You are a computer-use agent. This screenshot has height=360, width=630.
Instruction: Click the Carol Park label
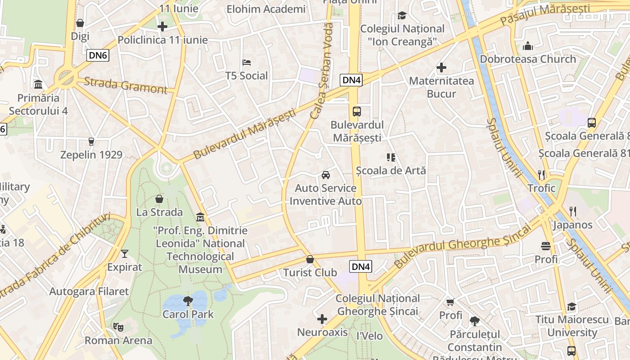[188, 314]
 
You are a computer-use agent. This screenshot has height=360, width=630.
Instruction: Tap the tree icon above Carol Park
[188, 301]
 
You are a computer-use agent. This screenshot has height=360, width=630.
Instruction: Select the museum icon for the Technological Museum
[200, 217]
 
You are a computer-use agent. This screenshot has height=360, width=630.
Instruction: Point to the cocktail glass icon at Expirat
[125, 254]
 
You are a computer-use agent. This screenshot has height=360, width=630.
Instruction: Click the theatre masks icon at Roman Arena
[118, 327]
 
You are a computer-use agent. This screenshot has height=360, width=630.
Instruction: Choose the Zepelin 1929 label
[91, 155]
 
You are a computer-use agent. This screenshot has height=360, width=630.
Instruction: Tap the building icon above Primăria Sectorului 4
[38, 84]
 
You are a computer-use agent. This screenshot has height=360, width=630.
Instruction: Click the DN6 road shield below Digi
[98, 55]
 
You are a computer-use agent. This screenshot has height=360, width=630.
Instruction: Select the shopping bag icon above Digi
[80, 23]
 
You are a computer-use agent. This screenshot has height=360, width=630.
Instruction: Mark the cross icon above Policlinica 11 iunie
[162, 27]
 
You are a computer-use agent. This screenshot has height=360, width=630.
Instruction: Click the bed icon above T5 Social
[247, 62]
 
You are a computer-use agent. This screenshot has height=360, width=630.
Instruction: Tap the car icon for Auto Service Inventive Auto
[325, 175]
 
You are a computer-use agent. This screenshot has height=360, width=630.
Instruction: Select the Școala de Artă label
[391, 171]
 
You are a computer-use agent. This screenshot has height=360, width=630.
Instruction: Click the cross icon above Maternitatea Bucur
[441, 68]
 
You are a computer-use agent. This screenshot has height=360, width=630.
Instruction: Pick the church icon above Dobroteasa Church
[528, 46]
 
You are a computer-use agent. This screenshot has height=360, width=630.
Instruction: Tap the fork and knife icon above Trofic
[541, 175]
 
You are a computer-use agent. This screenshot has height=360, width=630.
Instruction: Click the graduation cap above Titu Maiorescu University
[571, 307]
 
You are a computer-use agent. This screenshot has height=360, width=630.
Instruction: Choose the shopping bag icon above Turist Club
[310, 259]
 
